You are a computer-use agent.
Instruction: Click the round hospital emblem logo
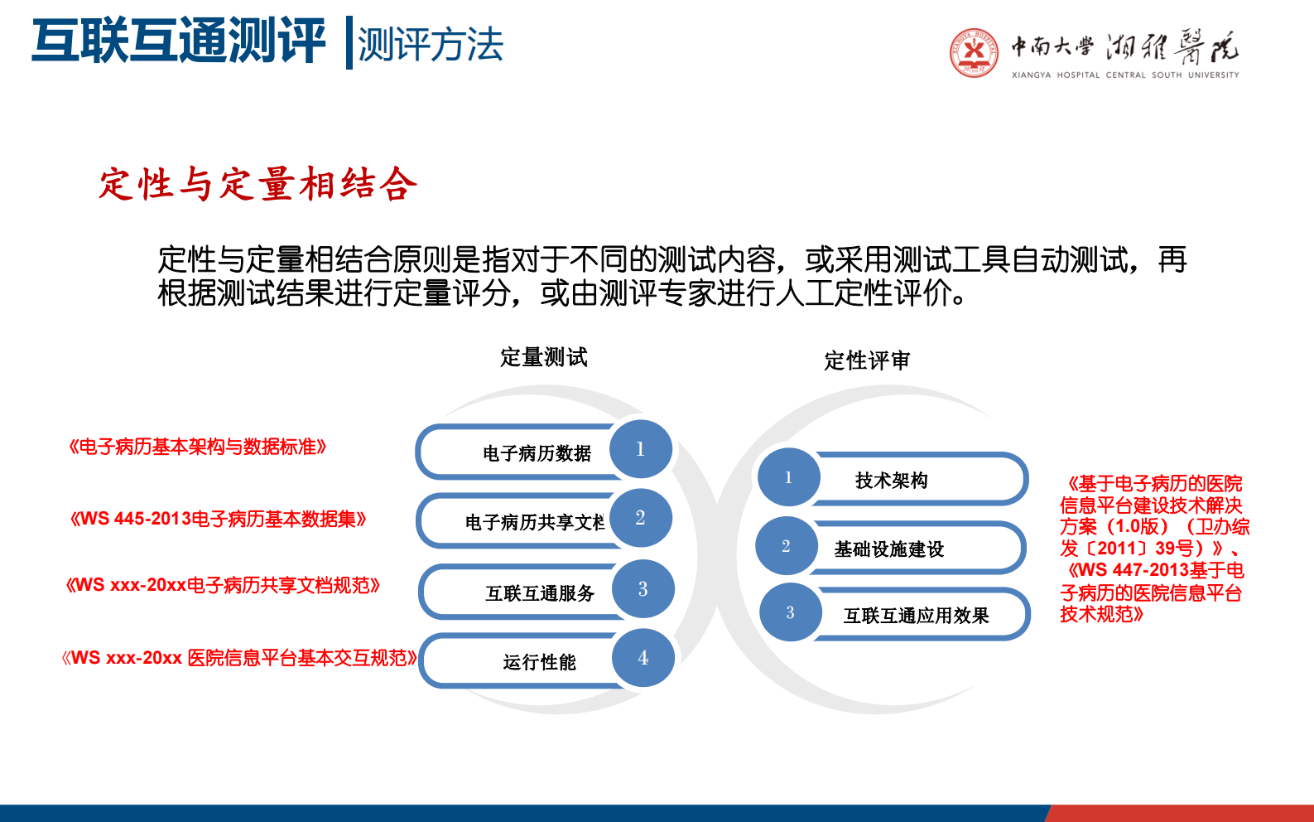point(975,52)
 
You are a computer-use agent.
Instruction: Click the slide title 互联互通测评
point(178,41)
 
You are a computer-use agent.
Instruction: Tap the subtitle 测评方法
point(430,45)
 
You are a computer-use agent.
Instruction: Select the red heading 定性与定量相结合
point(258,184)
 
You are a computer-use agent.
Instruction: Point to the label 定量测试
point(543,357)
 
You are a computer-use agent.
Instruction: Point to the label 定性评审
point(866,360)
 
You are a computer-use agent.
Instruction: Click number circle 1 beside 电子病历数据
point(640,449)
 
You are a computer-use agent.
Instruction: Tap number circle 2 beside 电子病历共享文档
point(640,518)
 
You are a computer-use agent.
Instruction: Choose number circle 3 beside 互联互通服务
point(643,589)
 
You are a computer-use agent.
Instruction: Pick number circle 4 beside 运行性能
point(643,658)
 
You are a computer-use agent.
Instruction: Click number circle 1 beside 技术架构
point(788,477)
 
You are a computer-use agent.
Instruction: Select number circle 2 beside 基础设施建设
point(786,546)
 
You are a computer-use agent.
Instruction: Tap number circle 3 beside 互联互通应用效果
point(790,612)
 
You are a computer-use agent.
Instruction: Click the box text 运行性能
point(539,662)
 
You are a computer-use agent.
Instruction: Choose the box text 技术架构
point(891,481)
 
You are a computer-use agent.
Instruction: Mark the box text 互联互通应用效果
point(916,616)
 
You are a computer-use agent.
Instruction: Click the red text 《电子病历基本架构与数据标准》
point(197,447)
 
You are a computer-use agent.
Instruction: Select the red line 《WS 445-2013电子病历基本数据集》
point(218,520)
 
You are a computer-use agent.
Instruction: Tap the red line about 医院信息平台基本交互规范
point(239,658)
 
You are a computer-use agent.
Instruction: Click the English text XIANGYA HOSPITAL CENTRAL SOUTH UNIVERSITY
point(1125,75)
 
